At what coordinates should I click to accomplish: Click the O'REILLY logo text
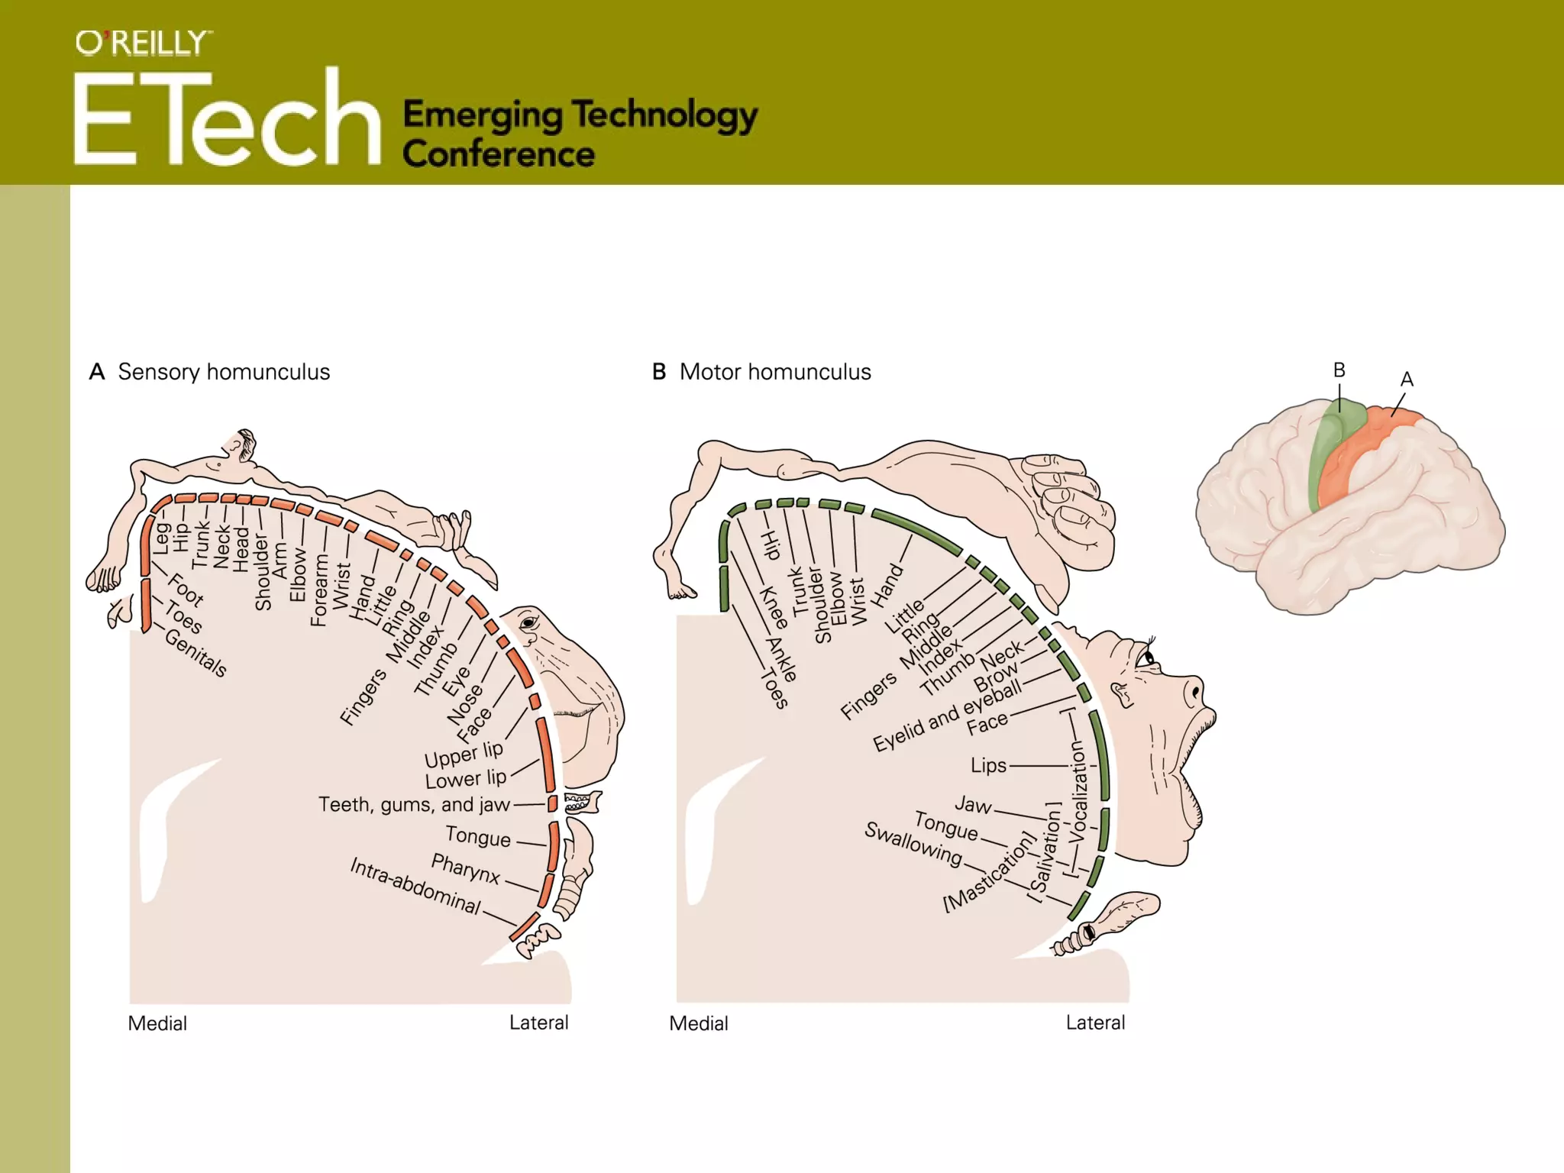click(x=143, y=44)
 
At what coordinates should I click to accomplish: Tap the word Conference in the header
click(x=498, y=154)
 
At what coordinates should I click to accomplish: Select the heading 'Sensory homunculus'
click(x=224, y=372)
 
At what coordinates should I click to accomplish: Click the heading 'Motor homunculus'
click(x=774, y=372)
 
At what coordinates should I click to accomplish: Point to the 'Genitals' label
click(x=196, y=654)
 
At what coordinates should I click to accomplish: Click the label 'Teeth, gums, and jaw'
click(x=414, y=805)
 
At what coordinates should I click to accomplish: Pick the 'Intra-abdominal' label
click(x=415, y=886)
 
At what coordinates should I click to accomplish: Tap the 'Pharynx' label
click(x=465, y=868)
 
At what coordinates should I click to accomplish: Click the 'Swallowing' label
click(x=913, y=843)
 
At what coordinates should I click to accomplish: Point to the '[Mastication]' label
click(x=990, y=872)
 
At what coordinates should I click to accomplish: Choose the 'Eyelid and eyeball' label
click(x=947, y=716)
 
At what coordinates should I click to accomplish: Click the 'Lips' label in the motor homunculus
click(x=988, y=765)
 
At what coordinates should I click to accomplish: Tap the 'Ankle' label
click(x=783, y=658)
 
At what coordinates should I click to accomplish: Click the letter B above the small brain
click(x=1339, y=370)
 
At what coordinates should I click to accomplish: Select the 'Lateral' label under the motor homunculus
click(x=1095, y=1023)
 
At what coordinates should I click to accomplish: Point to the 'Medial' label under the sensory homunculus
click(x=157, y=1023)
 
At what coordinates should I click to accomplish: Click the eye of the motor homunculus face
click(x=1146, y=658)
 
